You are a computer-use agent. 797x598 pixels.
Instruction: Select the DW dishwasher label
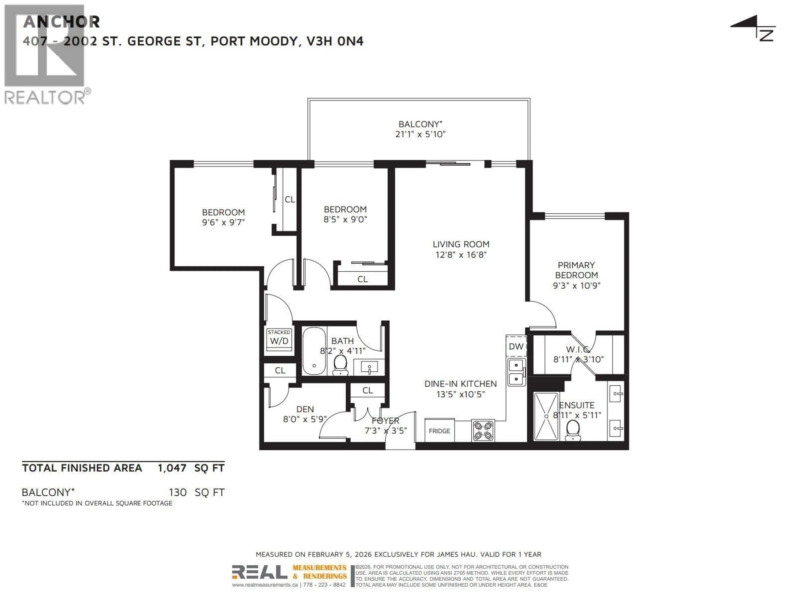click(x=516, y=346)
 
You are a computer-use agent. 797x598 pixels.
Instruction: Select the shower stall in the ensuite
click(x=546, y=416)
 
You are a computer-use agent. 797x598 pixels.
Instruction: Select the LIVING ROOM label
click(x=461, y=244)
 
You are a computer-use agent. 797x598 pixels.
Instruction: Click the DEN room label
click(x=305, y=409)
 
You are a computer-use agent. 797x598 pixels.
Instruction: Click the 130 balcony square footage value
click(x=178, y=492)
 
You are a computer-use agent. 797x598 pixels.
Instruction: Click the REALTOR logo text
click(x=45, y=98)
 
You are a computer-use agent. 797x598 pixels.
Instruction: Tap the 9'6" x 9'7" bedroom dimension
click(x=223, y=222)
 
